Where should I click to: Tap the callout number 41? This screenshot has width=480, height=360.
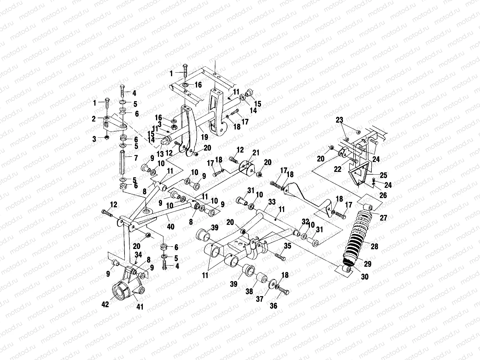(x=140, y=307)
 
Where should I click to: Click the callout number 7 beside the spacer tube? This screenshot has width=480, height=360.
(x=135, y=157)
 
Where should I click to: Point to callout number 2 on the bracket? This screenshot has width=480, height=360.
(x=94, y=119)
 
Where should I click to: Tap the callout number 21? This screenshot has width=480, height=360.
(x=256, y=153)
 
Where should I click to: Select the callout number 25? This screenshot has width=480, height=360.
(x=383, y=175)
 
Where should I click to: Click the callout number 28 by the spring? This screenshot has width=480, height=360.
(x=374, y=246)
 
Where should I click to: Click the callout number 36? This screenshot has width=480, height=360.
(x=273, y=306)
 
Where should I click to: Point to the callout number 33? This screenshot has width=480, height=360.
(x=271, y=202)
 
